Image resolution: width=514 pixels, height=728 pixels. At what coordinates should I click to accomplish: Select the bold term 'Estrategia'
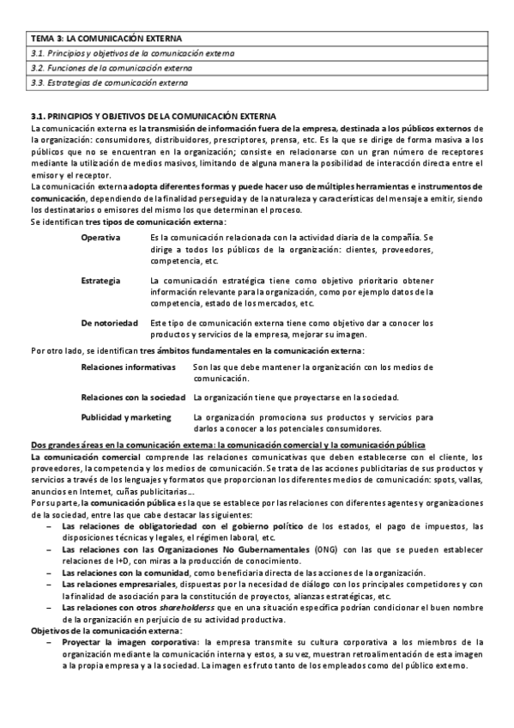(100, 281)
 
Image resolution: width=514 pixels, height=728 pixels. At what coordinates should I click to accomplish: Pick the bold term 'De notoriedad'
(109, 322)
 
